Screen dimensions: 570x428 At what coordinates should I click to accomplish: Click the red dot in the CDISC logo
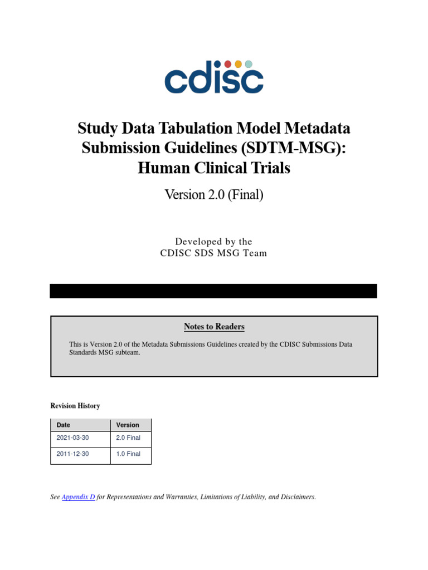coord(228,64)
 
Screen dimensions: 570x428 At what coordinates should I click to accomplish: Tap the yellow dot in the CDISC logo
coord(238,64)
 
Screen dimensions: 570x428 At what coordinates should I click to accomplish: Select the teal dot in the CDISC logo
coord(249,64)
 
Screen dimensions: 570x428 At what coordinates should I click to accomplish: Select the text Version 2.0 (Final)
coord(213,195)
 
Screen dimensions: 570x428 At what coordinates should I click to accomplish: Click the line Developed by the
coord(213,242)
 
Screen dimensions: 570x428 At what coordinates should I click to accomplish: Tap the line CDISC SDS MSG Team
coord(213,253)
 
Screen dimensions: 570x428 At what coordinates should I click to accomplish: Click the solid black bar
coord(213,291)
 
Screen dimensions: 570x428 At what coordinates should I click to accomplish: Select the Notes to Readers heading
coord(214,327)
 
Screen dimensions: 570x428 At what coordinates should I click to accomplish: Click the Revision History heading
coord(75,406)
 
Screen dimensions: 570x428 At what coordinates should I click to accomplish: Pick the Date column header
coord(64,425)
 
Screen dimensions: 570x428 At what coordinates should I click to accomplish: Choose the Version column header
coord(128,425)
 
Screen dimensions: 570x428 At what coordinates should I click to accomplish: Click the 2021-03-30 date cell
coord(72,438)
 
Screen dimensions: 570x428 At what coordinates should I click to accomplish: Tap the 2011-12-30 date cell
coord(72,454)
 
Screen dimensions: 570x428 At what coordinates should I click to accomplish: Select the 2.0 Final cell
coord(128,438)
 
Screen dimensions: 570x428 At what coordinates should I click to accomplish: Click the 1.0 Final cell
coord(128,454)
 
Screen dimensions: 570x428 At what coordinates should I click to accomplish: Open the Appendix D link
coord(78,497)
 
